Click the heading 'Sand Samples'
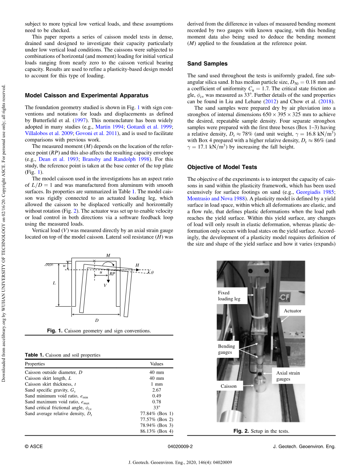tap(207, 64)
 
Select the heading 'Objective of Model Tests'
tap(222, 167)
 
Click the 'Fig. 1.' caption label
tap(55, 331)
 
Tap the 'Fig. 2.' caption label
tap(241, 431)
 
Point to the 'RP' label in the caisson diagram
tap(112, 273)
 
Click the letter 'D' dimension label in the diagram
tap(97, 320)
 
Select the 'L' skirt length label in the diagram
tap(54, 283)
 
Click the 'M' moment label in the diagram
tap(108, 256)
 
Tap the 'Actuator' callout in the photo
tap(292, 311)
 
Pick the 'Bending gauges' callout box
tap(227, 349)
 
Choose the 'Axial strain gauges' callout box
tap(288, 376)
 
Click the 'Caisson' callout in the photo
tap(228, 386)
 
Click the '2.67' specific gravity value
tap(157, 390)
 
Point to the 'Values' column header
tap(157, 364)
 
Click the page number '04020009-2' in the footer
tap(180, 447)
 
